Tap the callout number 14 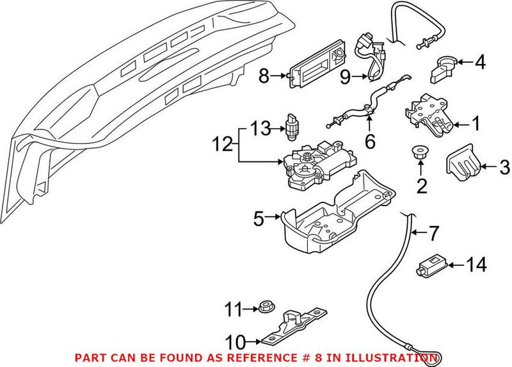477,264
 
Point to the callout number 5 258,220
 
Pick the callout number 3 504,168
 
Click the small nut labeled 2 420,154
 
